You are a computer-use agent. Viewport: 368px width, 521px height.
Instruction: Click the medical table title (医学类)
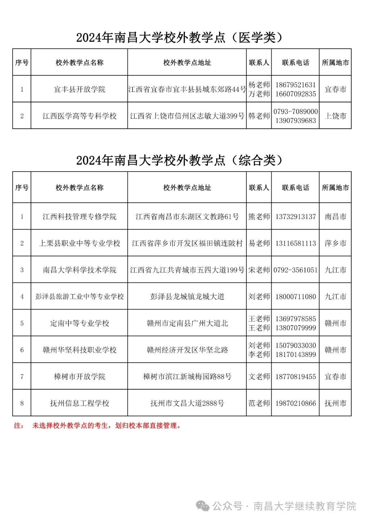pyautogui.click(x=180, y=38)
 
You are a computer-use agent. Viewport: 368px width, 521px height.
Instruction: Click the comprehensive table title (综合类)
pyautogui.click(x=180, y=160)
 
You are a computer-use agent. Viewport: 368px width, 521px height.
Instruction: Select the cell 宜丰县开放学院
pyautogui.click(x=79, y=89)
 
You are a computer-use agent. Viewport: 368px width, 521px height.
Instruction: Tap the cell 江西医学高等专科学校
pyautogui.click(x=79, y=116)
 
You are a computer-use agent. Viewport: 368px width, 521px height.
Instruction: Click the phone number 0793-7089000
pyautogui.click(x=295, y=112)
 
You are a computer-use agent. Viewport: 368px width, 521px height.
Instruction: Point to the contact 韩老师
pyautogui.click(x=259, y=116)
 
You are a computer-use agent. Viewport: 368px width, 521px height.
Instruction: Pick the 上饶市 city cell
pyautogui.click(x=335, y=116)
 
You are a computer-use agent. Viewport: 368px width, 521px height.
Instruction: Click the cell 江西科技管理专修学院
pyautogui.click(x=79, y=217)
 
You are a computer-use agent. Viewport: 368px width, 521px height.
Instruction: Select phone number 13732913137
pyautogui.click(x=295, y=217)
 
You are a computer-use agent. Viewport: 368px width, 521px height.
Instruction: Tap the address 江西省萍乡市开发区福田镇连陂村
pyautogui.click(x=187, y=243)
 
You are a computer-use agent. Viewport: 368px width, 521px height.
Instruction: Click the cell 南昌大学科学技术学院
pyautogui.click(x=79, y=270)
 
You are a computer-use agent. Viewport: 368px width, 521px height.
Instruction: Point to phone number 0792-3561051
pyautogui.click(x=295, y=270)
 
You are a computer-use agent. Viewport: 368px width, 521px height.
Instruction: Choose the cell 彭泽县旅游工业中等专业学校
pyautogui.click(x=79, y=296)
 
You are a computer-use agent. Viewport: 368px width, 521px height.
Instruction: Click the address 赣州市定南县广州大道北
pyautogui.click(x=187, y=323)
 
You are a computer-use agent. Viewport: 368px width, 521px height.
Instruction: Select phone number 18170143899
pyautogui.click(x=295, y=354)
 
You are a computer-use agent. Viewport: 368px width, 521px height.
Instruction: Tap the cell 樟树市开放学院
pyautogui.click(x=79, y=377)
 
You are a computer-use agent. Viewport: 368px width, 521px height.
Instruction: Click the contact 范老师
pyautogui.click(x=259, y=403)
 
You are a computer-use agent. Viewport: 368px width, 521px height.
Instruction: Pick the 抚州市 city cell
pyautogui.click(x=335, y=403)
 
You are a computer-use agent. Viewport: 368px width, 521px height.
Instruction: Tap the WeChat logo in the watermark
pyautogui.click(x=203, y=506)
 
